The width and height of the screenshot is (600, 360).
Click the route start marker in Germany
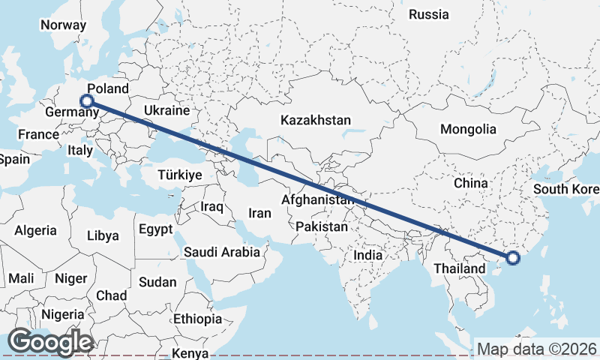tap(87, 100)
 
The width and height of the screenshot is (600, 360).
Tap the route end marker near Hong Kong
tap(513, 259)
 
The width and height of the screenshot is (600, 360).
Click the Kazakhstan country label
tap(316, 120)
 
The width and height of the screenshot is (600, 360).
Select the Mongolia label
tap(468, 129)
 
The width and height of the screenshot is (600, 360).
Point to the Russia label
tap(429, 14)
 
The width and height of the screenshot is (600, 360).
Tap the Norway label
tap(64, 25)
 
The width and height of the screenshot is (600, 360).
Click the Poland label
tap(108, 88)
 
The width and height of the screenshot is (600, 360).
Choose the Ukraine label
tap(166, 110)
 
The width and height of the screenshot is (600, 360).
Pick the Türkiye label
tap(180, 175)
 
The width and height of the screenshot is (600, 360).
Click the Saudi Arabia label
tap(222, 252)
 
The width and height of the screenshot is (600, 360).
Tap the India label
tap(367, 255)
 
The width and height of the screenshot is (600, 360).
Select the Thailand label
tap(459, 268)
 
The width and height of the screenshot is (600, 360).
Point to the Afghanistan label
tap(317, 200)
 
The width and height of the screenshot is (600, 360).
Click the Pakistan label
tap(322, 226)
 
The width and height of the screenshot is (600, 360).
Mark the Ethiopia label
tap(197, 319)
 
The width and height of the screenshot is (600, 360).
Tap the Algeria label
tap(36, 230)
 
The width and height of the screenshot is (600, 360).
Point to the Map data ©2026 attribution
tap(537, 349)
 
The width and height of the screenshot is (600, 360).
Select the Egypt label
tap(156, 229)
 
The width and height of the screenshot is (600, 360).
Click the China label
tap(471, 182)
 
